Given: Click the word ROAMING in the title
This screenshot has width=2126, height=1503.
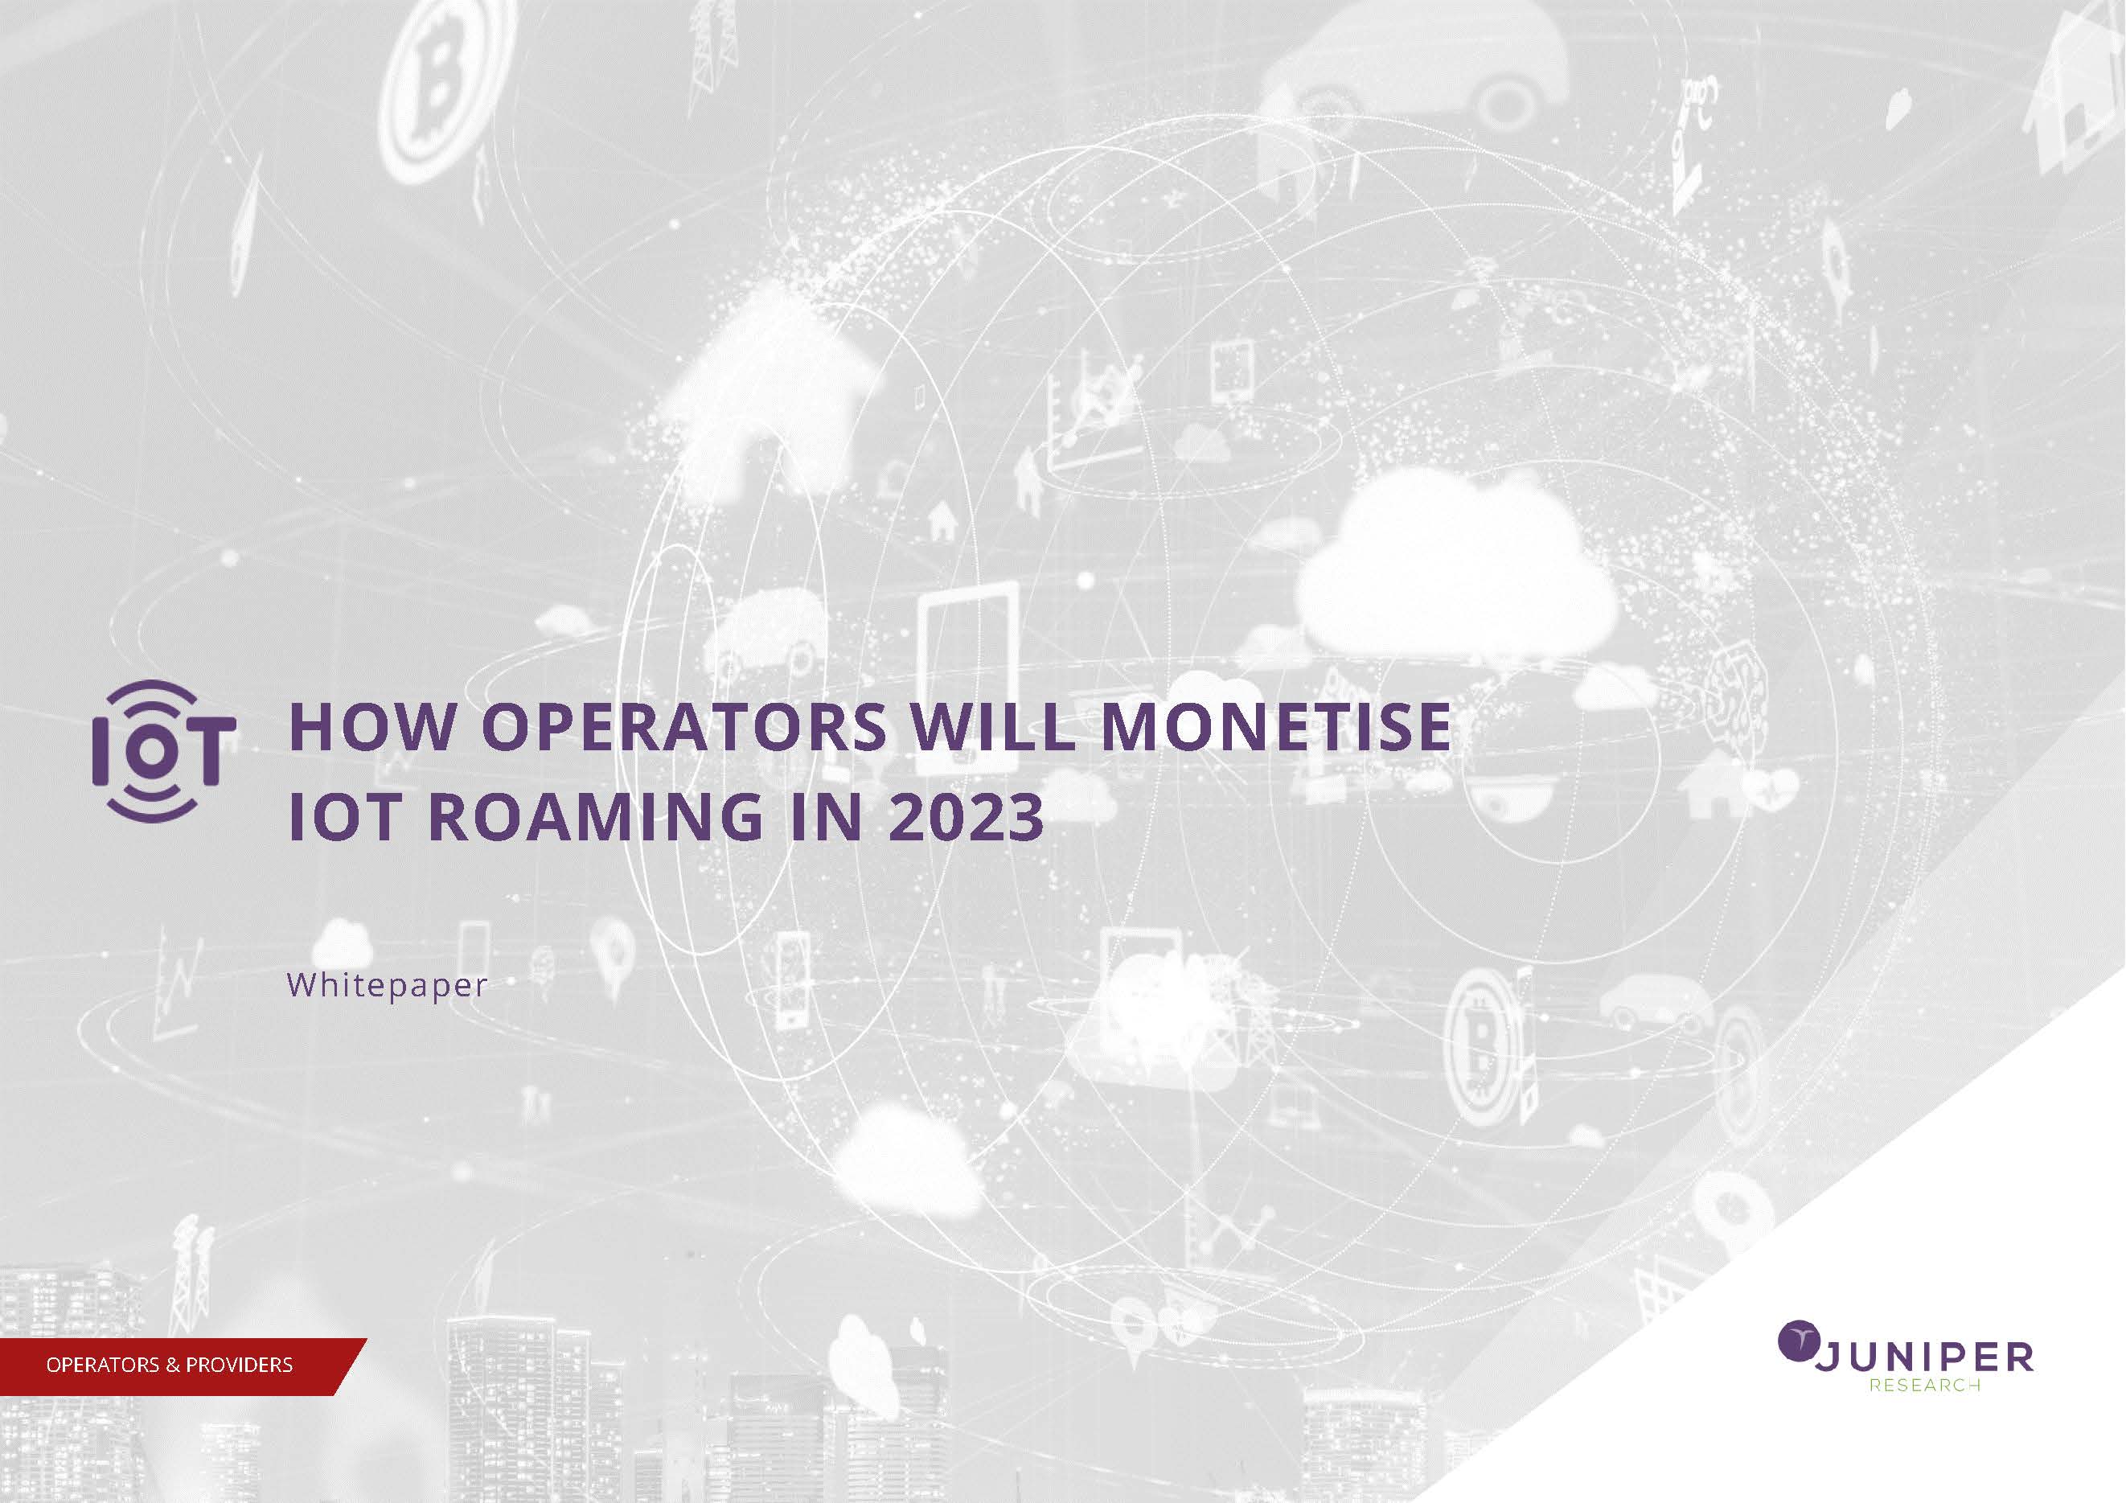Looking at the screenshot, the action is pyautogui.click(x=597, y=817).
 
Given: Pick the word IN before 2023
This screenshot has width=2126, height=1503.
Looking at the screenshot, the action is pyautogui.click(x=826, y=817).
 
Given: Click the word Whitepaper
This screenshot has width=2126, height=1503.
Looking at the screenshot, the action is pyautogui.click(x=387, y=984).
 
